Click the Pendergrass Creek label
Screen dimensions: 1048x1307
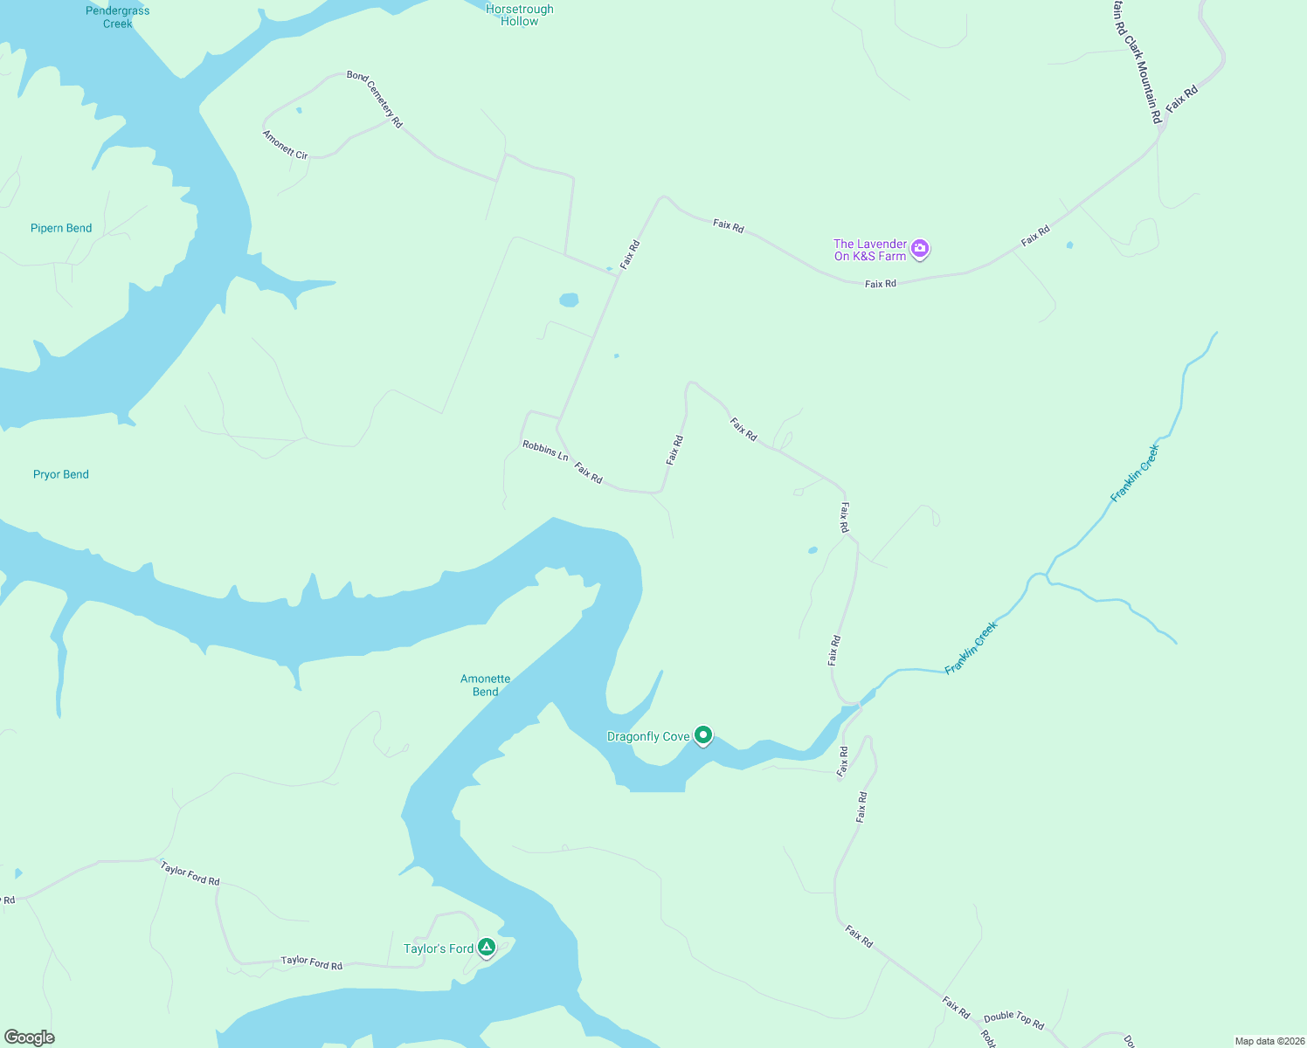click(x=117, y=17)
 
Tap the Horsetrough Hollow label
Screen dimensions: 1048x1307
click(x=520, y=15)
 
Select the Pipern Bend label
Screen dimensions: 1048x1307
click(x=61, y=228)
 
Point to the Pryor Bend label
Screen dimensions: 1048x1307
click(x=61, y=474)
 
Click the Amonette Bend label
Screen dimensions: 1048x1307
click(x=485, y=685)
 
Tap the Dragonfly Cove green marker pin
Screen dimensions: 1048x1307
click(x=703, y=735)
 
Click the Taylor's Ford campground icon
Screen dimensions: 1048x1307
click(x=487, y=948)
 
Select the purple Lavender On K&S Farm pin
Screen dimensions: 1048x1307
click(x=919, y=250)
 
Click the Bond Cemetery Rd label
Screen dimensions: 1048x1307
click(x=375, y=100)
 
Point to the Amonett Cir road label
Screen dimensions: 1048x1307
click(x=286, y=144)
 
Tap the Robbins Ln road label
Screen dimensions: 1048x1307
click(x=545, y=451)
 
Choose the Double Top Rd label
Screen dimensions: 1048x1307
click(x=1013, y=1019)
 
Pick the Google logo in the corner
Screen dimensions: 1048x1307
click(x=30, y=1038)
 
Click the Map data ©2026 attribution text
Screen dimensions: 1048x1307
click(x=1269, y=1041)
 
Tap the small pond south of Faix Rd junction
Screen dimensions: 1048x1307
click(x=569, y=300)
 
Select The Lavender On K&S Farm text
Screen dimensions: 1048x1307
click(x=870, y=250)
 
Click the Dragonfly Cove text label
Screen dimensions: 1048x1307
click(x=648, y=736)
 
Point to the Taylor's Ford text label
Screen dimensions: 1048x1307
click(x=438, y=948)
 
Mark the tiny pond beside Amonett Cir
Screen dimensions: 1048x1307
click(x=299, y=111)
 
